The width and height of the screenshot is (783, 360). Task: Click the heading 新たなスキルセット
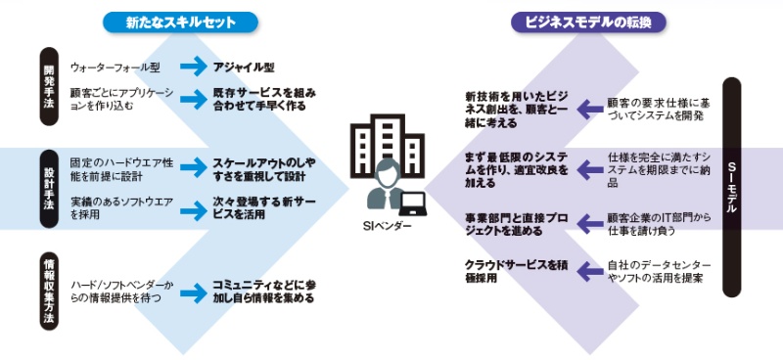180,20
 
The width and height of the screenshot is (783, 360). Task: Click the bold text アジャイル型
245,67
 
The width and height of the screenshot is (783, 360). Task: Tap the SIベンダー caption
389,225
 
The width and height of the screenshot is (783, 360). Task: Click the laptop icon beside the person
415,202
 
